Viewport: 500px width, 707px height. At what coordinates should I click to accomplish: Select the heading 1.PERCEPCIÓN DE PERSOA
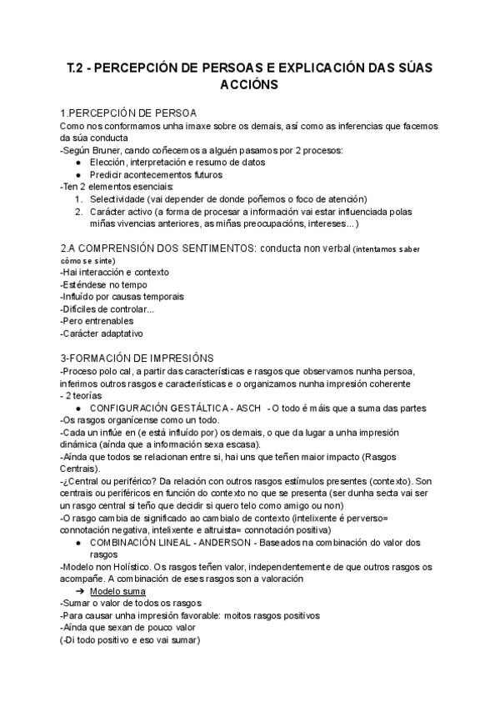point(128,113)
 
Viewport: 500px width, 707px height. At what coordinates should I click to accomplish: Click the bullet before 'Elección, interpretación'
point(77,163)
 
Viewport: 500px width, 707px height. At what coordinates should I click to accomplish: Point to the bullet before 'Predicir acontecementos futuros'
point(77,175)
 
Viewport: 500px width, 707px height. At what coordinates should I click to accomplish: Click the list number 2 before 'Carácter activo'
point(77,212)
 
